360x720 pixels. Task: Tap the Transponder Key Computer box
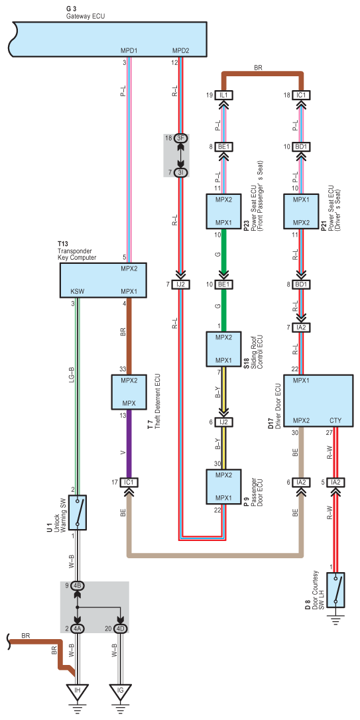tap(103, 280)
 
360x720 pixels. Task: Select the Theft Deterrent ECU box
tap(129, 392)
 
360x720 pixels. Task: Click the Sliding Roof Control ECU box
tap(223, 349)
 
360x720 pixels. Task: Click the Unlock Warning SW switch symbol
tap(77, 512)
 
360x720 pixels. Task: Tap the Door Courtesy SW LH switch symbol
tap(337, 589)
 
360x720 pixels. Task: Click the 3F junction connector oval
tap(182, 138)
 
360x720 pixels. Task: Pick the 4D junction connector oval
tap(120, 629)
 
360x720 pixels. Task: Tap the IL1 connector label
tap(223, 95)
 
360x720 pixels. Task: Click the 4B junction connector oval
tap(77, 586)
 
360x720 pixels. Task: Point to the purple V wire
tap(129, 444)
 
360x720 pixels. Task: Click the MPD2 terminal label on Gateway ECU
tap(181, 50)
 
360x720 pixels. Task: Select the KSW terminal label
tap(77, 291)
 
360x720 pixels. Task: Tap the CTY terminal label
tap(335, 420)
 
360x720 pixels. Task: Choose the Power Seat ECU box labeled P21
tap(301, 211)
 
